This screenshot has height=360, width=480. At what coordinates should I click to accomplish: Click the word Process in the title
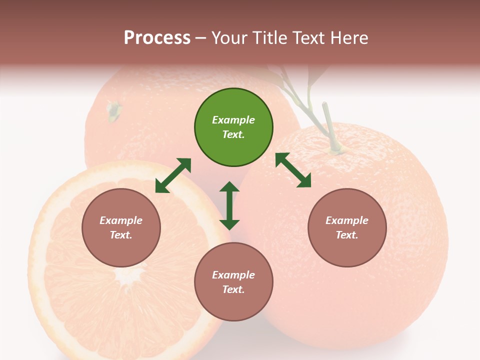pyautogui.click(x=157, y=38)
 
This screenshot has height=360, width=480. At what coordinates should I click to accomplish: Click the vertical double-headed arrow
pyautogui.click(x=229, y=205)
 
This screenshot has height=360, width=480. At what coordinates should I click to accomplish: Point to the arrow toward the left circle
pyautogui.click(x=173, y=175)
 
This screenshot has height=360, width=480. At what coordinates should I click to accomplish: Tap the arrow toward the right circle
pyautogui.click(x=293, y=170)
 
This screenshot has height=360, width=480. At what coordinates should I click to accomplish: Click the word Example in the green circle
pyautogui.click(x=233, y=120)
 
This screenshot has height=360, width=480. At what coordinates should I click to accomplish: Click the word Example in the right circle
pyautogui.click(x=347, y=220)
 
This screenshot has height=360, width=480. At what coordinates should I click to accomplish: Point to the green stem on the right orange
pyautogui.click(x=330, y=125)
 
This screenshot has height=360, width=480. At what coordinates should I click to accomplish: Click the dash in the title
pyautogui.click(x=201, y=38)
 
